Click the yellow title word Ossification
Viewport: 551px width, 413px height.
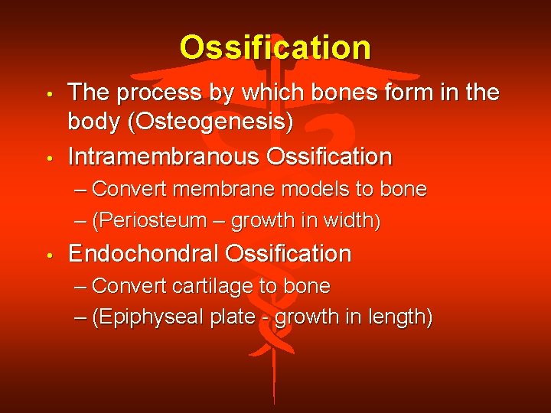275,48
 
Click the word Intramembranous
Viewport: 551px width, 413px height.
164,157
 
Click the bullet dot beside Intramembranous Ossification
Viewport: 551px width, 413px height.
48,158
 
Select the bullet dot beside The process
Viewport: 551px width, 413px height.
48,95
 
